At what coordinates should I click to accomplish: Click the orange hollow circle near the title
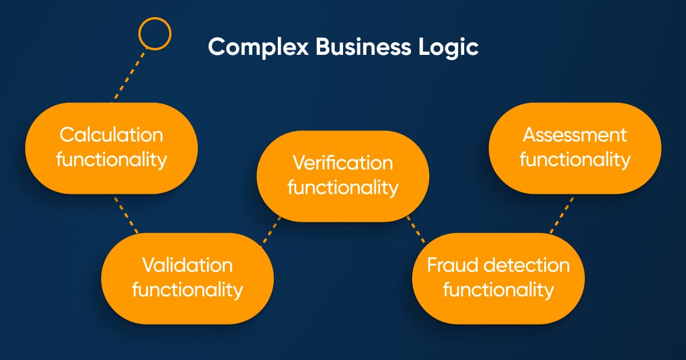(x=155, y=19)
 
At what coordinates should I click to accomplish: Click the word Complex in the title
(x=258, y=47)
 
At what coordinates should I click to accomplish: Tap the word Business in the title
(x=363, y=46)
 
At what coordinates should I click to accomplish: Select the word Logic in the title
(x=448, y=47)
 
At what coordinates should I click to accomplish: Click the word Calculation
(x=111, y=135)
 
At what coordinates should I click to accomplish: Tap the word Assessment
(x=575, y=135)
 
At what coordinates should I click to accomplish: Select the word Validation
(x=187, y=265)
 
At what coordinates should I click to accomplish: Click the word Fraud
(x=452, y=265)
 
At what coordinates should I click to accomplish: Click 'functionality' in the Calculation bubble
(x=111, y=159)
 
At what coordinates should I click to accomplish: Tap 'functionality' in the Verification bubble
(x=342, y=187)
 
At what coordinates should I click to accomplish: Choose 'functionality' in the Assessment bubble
(x=575, y=159)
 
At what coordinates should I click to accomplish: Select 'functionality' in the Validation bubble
(x=187, y=290)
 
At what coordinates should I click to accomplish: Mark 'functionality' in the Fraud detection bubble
(x=498, y=290)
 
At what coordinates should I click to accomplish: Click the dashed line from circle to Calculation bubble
(x=129, y=75)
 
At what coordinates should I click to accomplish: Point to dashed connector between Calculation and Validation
(x=126, y=215)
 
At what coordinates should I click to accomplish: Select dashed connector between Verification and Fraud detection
(x=416, y=230)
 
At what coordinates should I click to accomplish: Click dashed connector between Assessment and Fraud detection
(x=561, y=215)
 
